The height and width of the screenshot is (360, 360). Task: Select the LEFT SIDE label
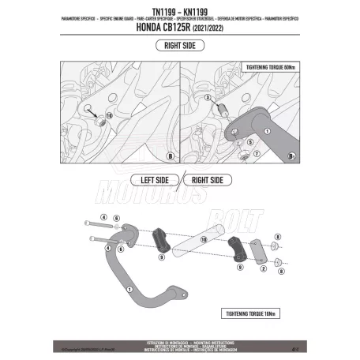coord(150,180)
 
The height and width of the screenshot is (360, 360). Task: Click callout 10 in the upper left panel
coord(109,114)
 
